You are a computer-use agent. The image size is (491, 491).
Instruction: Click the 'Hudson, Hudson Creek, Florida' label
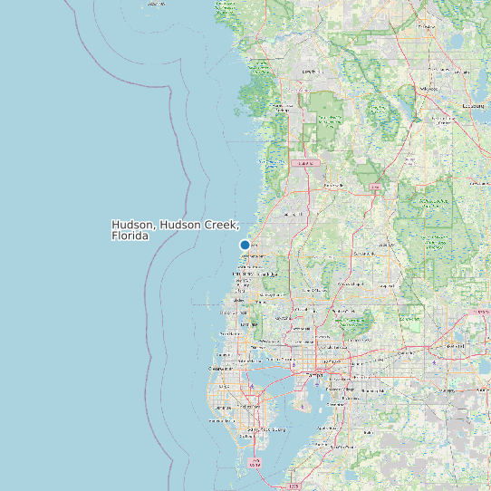click(175, 229)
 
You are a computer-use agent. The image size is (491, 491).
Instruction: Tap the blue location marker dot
click(245, 246)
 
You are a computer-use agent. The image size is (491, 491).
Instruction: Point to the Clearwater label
click(220, 370)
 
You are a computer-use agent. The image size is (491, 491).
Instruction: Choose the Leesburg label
click(473, 106)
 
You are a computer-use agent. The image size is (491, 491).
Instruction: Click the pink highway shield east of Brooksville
click(375, 188)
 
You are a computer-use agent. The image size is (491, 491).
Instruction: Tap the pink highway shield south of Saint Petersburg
click(256, 463)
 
